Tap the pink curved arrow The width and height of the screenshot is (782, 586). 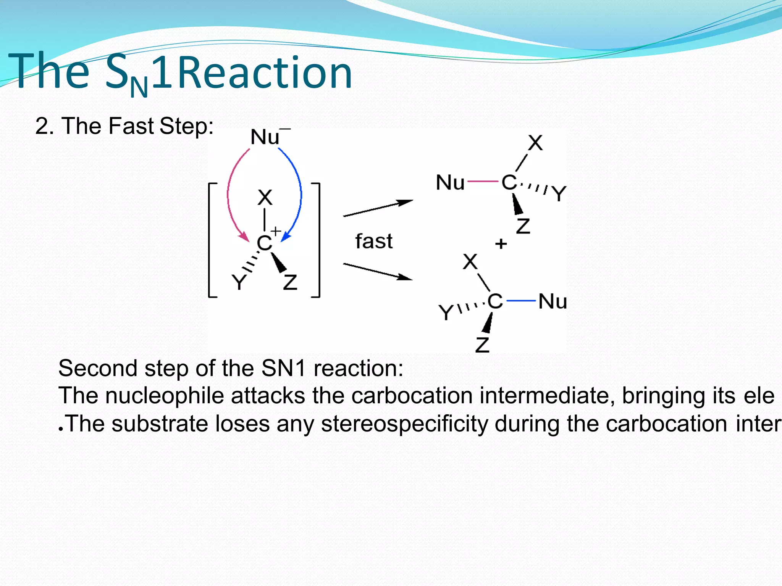click(x=229, y=191)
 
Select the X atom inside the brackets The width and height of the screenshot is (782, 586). click(x=265, y=198)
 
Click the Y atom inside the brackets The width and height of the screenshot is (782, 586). click(x=239, y=282)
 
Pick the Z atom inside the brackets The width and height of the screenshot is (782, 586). click(x=290, y=282)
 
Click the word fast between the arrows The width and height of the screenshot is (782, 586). click(x=374, y=242)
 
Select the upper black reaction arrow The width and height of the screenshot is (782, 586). click(x=378, y=208)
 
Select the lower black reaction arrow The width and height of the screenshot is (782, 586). click(x=378, y=272)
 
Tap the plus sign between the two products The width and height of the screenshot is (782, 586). click(x=501, y=244)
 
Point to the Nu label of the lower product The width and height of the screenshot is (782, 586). click(x=553, y=302)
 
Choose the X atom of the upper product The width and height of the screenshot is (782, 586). click(x=535, y=143)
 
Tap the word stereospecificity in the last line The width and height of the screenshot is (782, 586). click(x=404, y=424)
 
